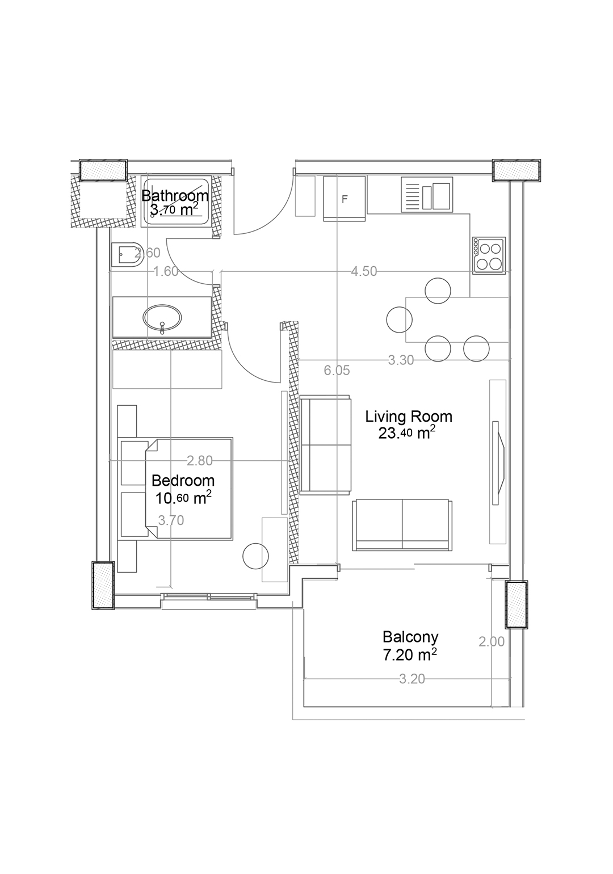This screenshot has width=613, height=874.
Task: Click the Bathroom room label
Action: pos(174,195)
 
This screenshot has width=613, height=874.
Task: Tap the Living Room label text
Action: pos(409,417)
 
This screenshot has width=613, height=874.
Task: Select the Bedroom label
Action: pos(183,480)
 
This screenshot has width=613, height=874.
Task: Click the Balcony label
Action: pos(410,637)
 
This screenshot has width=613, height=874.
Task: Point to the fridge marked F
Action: pos(344,199)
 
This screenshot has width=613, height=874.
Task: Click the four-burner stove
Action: pos(489,255)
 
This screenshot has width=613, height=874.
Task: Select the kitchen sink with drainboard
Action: pos(427,195)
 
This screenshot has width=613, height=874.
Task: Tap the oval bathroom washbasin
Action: pos(162,316)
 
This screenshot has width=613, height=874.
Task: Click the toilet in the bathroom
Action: pos(127,255)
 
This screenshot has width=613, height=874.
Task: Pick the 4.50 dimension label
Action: pos(364,271)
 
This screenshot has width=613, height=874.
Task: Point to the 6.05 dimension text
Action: pos(337,370)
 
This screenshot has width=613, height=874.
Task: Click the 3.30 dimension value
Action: pos(401,360)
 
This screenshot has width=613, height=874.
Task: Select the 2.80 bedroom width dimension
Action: pos(200,461)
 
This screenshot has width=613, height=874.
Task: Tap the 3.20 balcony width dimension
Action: pos(412,679)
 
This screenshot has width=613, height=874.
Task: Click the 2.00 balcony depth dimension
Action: pos(492,642)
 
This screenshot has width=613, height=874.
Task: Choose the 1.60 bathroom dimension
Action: pos(166,271)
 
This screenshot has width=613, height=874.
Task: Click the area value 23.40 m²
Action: pos(406,434)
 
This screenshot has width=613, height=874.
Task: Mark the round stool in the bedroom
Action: pos(255,556)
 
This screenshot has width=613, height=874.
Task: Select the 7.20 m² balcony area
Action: pos(409,655)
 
